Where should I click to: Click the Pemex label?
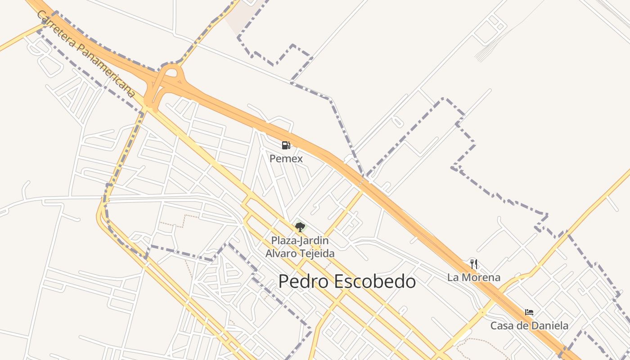tap(286, 159)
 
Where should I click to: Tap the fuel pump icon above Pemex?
tap(286, 145)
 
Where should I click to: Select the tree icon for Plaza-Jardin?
tap(300, 227)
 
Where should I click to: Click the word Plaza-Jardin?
tap(300, 241)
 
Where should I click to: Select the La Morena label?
tap(474, 277)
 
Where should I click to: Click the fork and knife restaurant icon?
tap(473, 264)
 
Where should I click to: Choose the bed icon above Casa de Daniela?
tap(529, 312)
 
